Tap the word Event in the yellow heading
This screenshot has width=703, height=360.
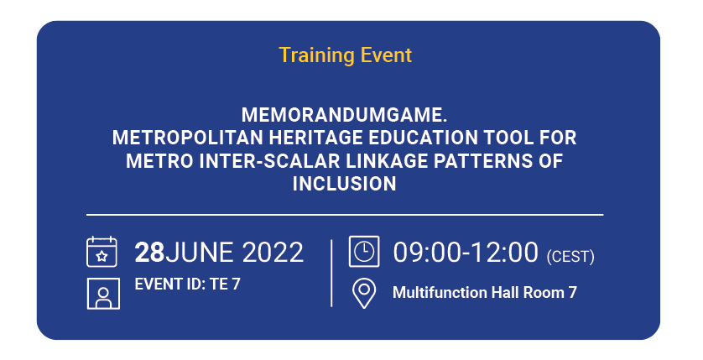pos(386,55)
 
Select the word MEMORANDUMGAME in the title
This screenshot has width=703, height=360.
pos(343,115)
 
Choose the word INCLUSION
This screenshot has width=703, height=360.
pos(344,184)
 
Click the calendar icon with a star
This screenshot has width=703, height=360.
pos(102,252)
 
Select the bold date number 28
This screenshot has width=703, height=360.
pos(150,252)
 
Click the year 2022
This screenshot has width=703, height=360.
pos(273,252)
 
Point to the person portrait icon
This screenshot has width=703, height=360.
pos(103,294)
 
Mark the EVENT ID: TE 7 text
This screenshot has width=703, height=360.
pos(187,284)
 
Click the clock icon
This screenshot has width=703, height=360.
pos(364,252)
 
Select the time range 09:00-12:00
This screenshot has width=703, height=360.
pos(466,252)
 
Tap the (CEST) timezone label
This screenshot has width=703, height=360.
pos(570,257)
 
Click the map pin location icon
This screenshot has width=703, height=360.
pos(363,293)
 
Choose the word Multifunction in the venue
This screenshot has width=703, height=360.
pos(440,293)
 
